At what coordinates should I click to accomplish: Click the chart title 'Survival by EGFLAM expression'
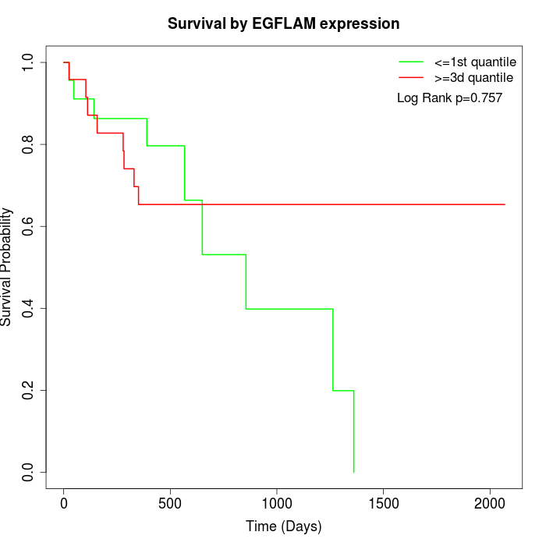click(x=283, y=24)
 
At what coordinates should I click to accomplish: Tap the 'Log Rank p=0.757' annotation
click(x=449, y=98)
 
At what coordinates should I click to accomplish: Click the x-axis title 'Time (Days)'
click(x=283, y=526)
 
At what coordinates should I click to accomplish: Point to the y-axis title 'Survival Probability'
click(x=7, y=267)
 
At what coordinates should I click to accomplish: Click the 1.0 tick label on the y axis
click(x=29, y=62)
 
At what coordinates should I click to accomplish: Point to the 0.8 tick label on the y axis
click(x=29, y=144)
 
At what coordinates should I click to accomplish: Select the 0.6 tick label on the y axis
click(x=29, y=226)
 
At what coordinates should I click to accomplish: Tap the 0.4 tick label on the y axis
click(x=29, y=308)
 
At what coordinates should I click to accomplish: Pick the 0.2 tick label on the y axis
click(x=29, y=390)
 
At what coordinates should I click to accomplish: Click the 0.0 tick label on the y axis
click(x=29, y=472)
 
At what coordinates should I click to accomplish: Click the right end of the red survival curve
click(x=505, y=204)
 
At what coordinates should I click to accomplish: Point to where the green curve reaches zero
click(x=354, y=472)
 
